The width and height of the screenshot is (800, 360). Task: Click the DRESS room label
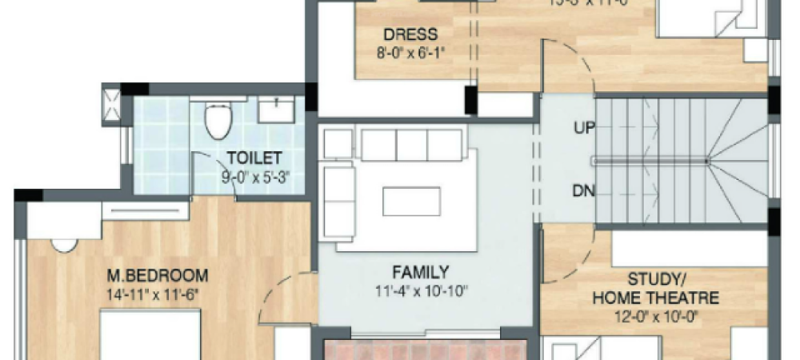(x=410, y=34)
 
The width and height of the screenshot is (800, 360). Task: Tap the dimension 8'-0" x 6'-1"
(x=411, y=54)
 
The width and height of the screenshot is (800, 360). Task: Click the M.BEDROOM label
(x=158, y=276)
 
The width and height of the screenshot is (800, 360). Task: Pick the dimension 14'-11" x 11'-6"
(x=152, y=294)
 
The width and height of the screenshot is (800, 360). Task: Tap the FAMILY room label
(x=420, y=271)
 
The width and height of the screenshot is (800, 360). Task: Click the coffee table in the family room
(x=411, y=201)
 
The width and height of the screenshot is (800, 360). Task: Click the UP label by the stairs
(x=583, y=127)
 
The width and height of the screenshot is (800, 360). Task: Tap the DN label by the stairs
(x=583, y=191)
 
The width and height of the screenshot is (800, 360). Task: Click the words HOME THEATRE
(x=655, y=298)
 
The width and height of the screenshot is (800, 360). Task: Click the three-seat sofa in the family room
(x=411, y=146)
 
